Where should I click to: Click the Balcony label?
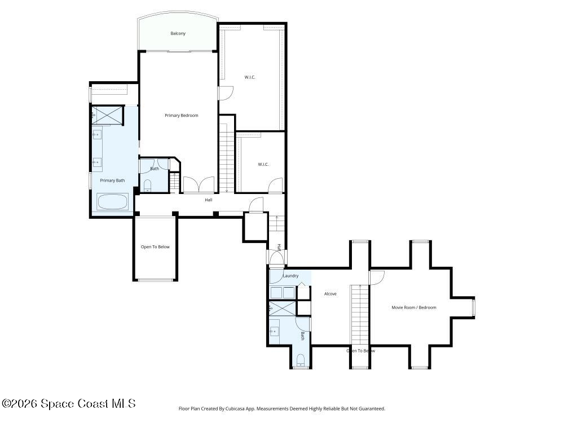pos(178,33)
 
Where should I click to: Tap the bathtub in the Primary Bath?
pos(113,201)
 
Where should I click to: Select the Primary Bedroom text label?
pos(181,116)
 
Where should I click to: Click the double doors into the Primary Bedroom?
pos(199,185)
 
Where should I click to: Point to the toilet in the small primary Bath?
pos(148,186)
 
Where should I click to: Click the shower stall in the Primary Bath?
pos(107,115)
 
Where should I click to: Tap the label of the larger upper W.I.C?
pos(250,77)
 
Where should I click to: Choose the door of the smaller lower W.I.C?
pos(275,186)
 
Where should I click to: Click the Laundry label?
pos(290,276)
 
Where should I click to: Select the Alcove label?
pos(330,294)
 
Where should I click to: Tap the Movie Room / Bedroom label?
pos(414,307)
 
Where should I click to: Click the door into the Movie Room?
pos(377,277)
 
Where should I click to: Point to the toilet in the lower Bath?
pos(301,360)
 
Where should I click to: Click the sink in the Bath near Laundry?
pos(275,331)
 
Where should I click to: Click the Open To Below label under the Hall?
pos(155,247)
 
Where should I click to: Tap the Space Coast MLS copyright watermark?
pos(68,404)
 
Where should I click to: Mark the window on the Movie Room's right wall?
pos(474,307)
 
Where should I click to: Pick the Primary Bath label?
pos(112,180)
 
